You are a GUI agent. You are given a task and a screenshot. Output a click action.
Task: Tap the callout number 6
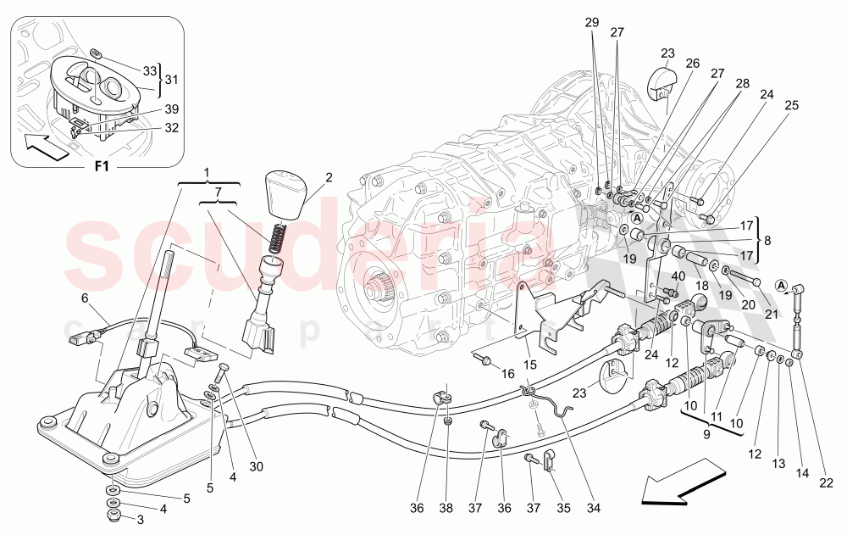(85, 298)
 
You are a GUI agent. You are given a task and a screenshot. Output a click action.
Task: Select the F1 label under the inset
(102, 167)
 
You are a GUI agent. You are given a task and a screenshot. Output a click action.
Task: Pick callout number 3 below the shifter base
(141, 519)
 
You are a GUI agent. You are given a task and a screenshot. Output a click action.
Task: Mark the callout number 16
(507, 373)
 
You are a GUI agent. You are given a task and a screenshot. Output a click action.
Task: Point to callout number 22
(827, 484)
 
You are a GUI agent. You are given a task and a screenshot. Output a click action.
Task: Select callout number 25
(792, 105)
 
